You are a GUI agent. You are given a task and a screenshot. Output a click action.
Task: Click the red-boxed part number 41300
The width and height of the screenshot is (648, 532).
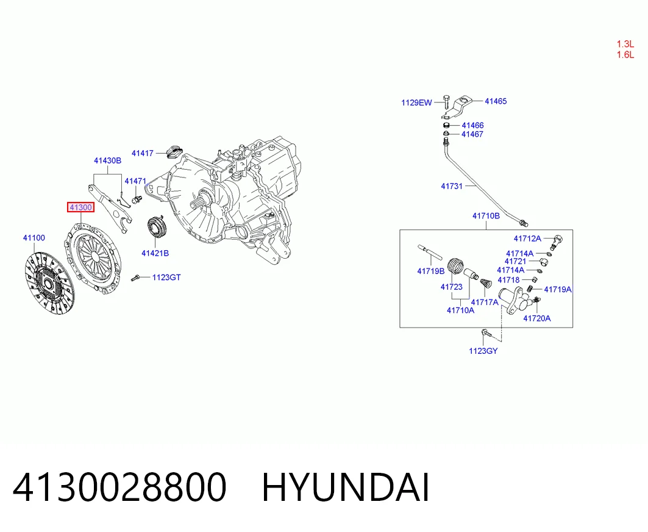[80, 207]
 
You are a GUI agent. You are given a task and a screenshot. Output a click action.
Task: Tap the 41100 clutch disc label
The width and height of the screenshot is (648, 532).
[34, 238]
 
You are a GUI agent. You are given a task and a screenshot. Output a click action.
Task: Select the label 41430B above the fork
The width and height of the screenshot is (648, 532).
[107, 160]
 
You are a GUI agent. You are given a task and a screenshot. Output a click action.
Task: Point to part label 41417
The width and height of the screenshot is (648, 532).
[143, 153]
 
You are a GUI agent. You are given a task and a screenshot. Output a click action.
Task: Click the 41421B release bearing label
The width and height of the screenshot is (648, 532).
[155, 253]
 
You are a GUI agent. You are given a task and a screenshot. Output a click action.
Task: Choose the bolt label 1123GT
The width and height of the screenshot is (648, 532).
[166, 277]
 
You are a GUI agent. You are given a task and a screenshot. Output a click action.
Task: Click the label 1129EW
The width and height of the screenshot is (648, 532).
[416, 102]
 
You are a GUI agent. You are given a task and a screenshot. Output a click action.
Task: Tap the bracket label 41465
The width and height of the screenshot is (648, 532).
[496, 101]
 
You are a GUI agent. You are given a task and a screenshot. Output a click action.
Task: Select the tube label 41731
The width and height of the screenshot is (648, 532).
[452, 186]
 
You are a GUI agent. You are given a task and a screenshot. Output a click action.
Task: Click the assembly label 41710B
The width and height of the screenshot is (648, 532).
[486, 215]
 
